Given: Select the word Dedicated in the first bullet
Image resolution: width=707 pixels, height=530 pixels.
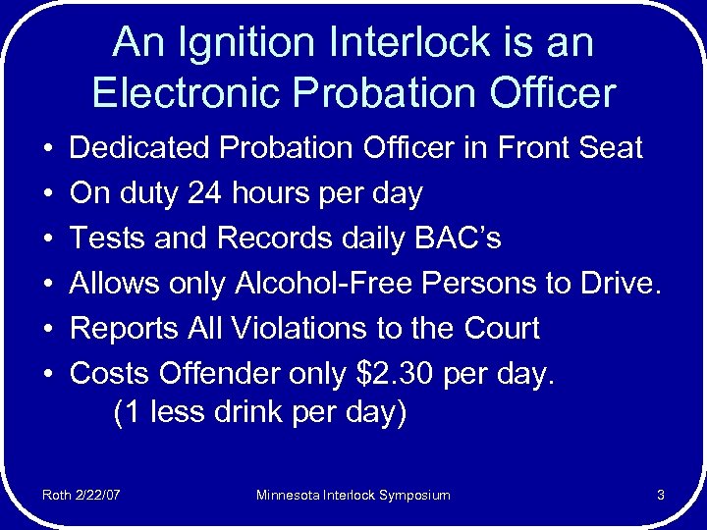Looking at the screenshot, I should (140, 149).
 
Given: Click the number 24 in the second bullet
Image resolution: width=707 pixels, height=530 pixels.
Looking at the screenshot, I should (204, 193).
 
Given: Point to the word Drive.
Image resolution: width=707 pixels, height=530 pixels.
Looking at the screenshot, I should (621, 284).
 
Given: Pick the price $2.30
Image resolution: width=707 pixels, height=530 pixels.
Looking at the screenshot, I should (397, 374).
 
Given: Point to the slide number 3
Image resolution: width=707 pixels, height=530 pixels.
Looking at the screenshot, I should (661, 496).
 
